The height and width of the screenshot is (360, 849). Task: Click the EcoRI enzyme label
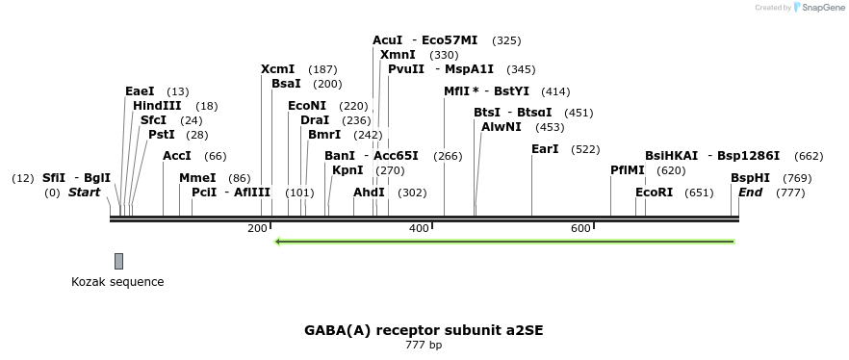pyautogui.click(x=655, y=193)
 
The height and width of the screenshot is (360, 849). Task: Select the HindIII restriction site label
pyautogui.click(x=157, y=106)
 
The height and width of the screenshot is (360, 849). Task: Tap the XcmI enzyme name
pyautogui.click(x=278, y=69)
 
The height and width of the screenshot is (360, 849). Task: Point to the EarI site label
pyautogui.click(x=545, y=149)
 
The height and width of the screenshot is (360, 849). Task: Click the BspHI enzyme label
pyautogui.click(x=750, y=178)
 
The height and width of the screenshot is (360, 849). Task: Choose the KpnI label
pyautogui.click(x=347, y=170)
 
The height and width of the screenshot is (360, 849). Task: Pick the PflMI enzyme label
pyautogui.click(x=628, y=170)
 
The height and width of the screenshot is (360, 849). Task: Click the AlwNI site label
pyautogui.click(x=502, y=127)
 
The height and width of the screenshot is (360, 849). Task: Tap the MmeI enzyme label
pyautogui.click(x=197, y=178)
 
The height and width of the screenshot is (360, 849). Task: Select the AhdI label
pyautogui.click(x=369, y=193)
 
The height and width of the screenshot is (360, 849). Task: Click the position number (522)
pyautogui.click(x=585, y=149)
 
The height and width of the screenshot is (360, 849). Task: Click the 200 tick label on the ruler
pyautogui.click(x=257, y=228)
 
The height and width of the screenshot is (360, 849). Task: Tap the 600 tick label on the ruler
pyautogui.click(x=580, y=228)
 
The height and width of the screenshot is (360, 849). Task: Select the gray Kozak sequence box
pyautogui.click(x=118, y=261)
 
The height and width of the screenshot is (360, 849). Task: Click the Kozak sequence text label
pyautogui.click(x=117, y=282)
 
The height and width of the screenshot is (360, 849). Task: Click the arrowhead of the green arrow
pyautogui.click(x=278, y=242)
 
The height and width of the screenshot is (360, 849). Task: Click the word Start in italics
pyautogui.click(x=84, y=193)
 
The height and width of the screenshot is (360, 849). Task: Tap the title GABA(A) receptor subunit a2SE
pyautogui.click(x=424, y=330)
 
